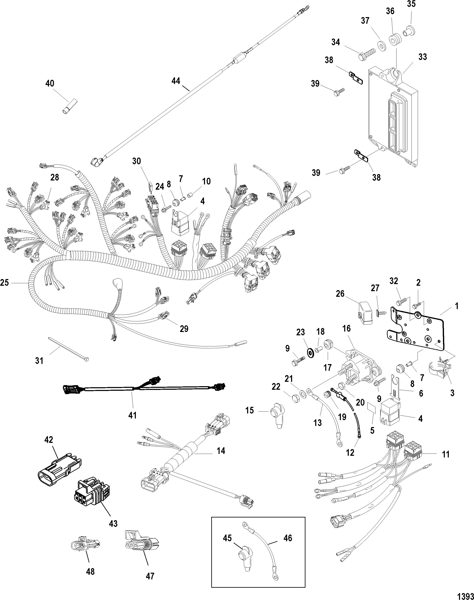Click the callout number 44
(x=176, y=81)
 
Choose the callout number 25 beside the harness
(x=5, y=283)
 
